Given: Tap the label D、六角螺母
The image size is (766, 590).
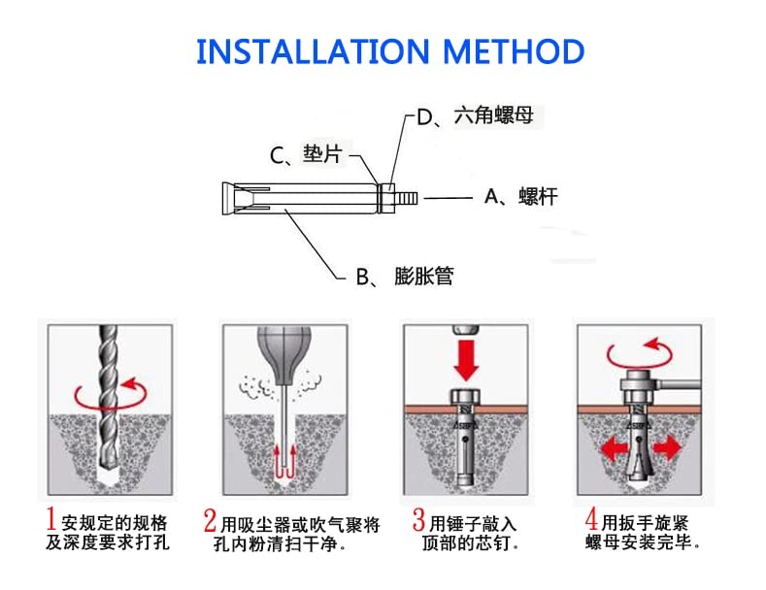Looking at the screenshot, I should [x=475, y=118].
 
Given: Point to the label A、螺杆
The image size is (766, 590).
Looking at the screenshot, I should [x=520, y=198].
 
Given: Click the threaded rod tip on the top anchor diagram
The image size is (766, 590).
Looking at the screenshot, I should [x=408, y=198].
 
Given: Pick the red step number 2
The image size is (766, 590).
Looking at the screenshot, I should [x=210, y=520].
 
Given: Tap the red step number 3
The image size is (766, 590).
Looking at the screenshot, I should [x=418, y=520].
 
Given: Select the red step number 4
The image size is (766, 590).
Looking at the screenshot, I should [x=591, y=520].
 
